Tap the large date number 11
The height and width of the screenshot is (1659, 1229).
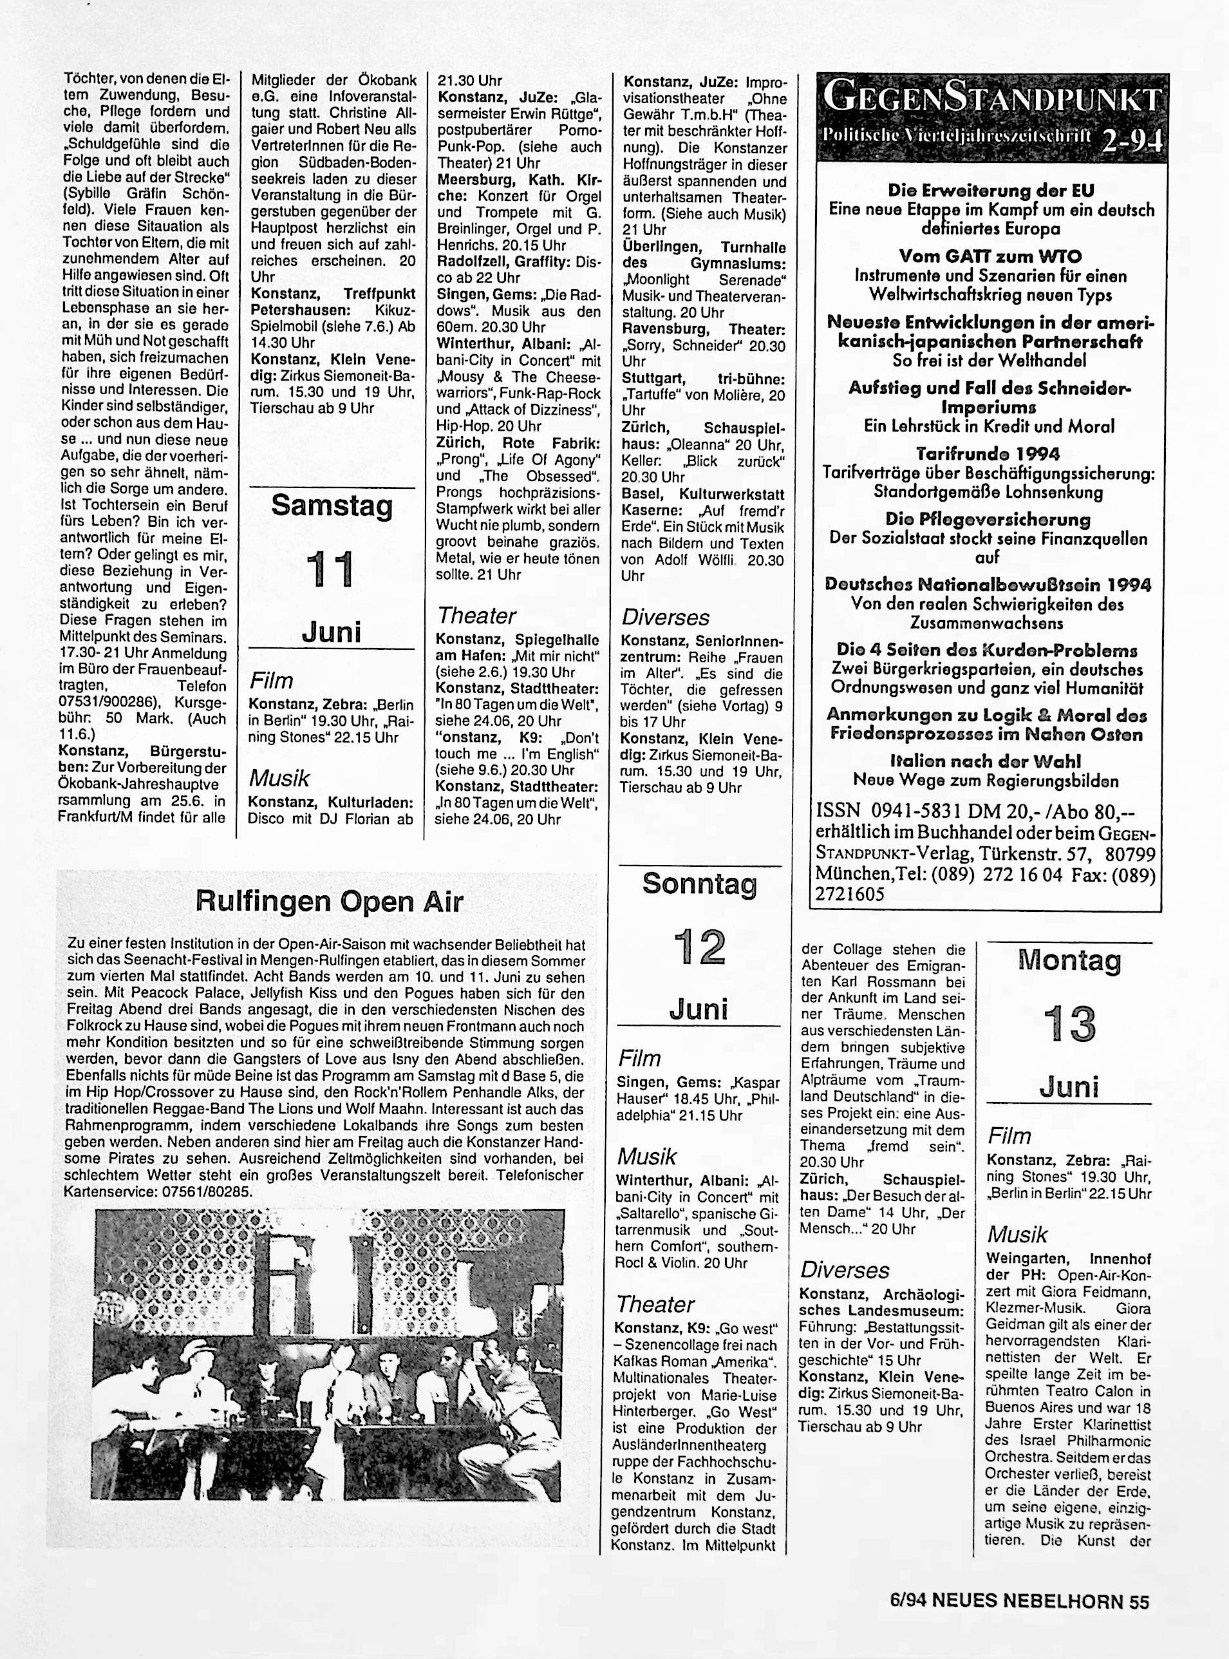(331, 570)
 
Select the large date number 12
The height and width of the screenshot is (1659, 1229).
(699, 947)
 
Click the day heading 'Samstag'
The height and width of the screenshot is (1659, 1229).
(331, 506)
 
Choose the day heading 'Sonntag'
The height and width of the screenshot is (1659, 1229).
(699, 884)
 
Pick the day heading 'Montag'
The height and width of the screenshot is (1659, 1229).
(1069, 960)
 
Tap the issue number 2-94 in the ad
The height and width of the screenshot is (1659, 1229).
(1129, 140)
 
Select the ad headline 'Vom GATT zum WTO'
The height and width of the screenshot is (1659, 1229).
(991, 256)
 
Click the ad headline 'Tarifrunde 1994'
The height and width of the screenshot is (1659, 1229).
(988, 453)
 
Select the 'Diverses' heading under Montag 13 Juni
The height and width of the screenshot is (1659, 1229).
(845, 1270)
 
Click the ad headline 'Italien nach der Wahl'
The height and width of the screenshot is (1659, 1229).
(985, 761)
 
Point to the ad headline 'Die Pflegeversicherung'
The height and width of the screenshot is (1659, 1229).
(988, 519)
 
